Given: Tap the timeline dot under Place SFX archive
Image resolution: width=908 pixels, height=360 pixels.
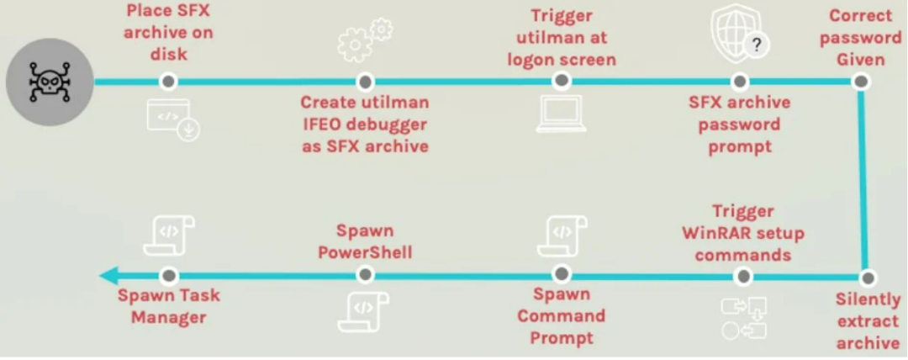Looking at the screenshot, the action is [168, 82].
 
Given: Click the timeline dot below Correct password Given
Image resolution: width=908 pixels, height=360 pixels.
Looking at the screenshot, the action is [860, 82].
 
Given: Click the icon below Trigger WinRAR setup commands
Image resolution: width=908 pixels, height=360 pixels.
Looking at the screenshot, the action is [743, 318].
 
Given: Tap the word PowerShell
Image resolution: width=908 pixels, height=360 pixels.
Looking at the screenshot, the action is [365, 252].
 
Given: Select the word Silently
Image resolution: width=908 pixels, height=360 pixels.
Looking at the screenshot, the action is [868, 299].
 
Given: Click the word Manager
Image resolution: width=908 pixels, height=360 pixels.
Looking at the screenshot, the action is [168, 318].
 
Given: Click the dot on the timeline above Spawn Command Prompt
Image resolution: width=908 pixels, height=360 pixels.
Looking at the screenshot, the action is [561, 274].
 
